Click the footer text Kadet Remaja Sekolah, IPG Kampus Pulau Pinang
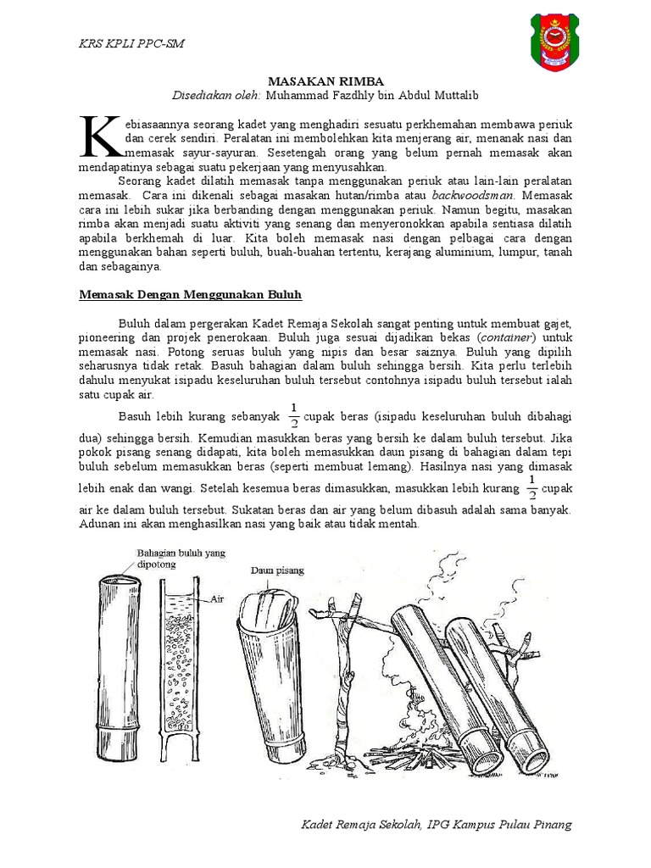click(x=437, y=825)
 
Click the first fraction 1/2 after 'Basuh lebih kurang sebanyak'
click(x=294, y=415)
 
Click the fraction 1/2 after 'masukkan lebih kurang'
click(x=531, y=488)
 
